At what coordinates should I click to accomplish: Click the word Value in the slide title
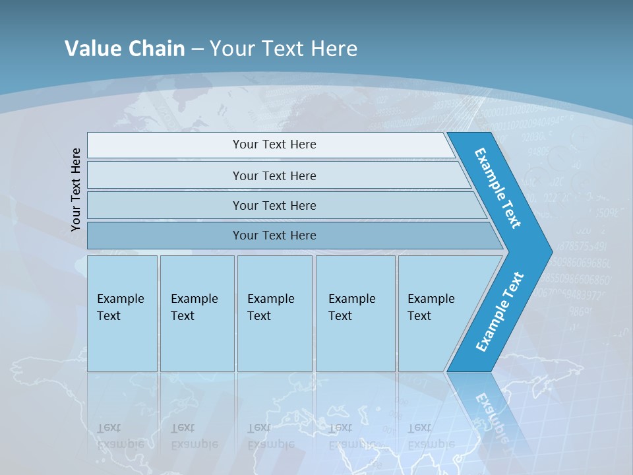[91, 48]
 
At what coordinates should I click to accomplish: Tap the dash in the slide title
[197, 49]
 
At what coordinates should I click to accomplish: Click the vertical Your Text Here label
[76, 190]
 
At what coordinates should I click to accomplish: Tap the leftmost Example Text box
[122, 313]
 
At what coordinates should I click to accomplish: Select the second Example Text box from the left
[196, 313]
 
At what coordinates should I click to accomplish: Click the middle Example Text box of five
[274, 313]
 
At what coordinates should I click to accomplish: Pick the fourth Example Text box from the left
[355, 313]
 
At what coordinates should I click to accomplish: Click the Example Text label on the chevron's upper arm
[498, 188]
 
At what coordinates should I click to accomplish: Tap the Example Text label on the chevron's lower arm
[500, 311]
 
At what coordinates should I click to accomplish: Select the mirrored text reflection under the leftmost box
[121, 436]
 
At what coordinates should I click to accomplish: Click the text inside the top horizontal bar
[274, 144]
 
